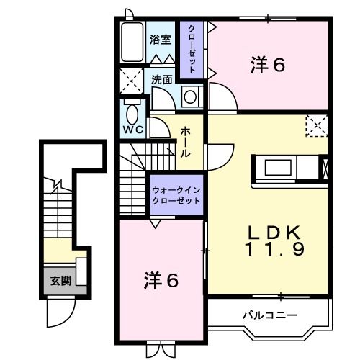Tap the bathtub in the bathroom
point(131,42)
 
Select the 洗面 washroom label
point(162,80)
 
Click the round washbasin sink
point(190,96)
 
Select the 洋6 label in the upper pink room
point(267,66)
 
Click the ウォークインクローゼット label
point(176,194)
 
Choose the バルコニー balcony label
point(268,315)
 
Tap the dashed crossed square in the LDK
point(316,126)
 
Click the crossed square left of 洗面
point(131,79)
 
